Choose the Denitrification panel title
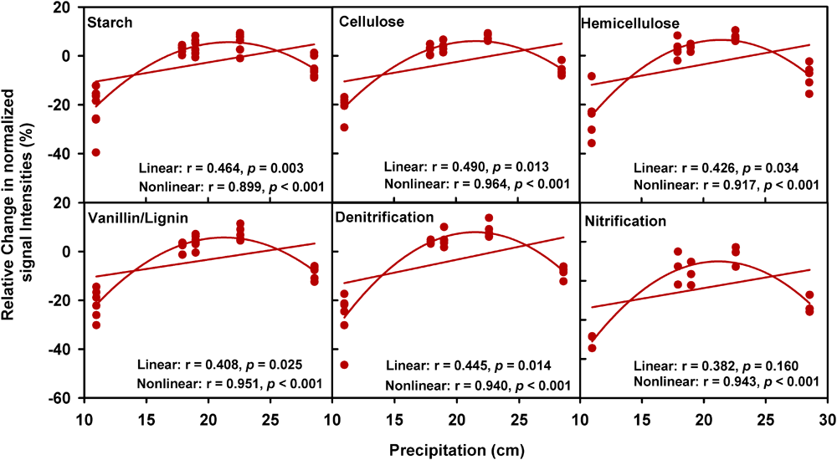[x=384, y=217]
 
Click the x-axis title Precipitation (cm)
[x=454, y=448]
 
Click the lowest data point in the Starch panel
[x=96, y=152]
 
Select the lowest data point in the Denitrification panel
[x=344, y=365]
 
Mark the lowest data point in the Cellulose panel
[x=344, y=127]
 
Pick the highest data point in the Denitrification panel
[x=489, y=218]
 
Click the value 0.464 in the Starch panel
[x=216, y=167]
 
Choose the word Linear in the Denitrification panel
[x=406, y=366]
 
